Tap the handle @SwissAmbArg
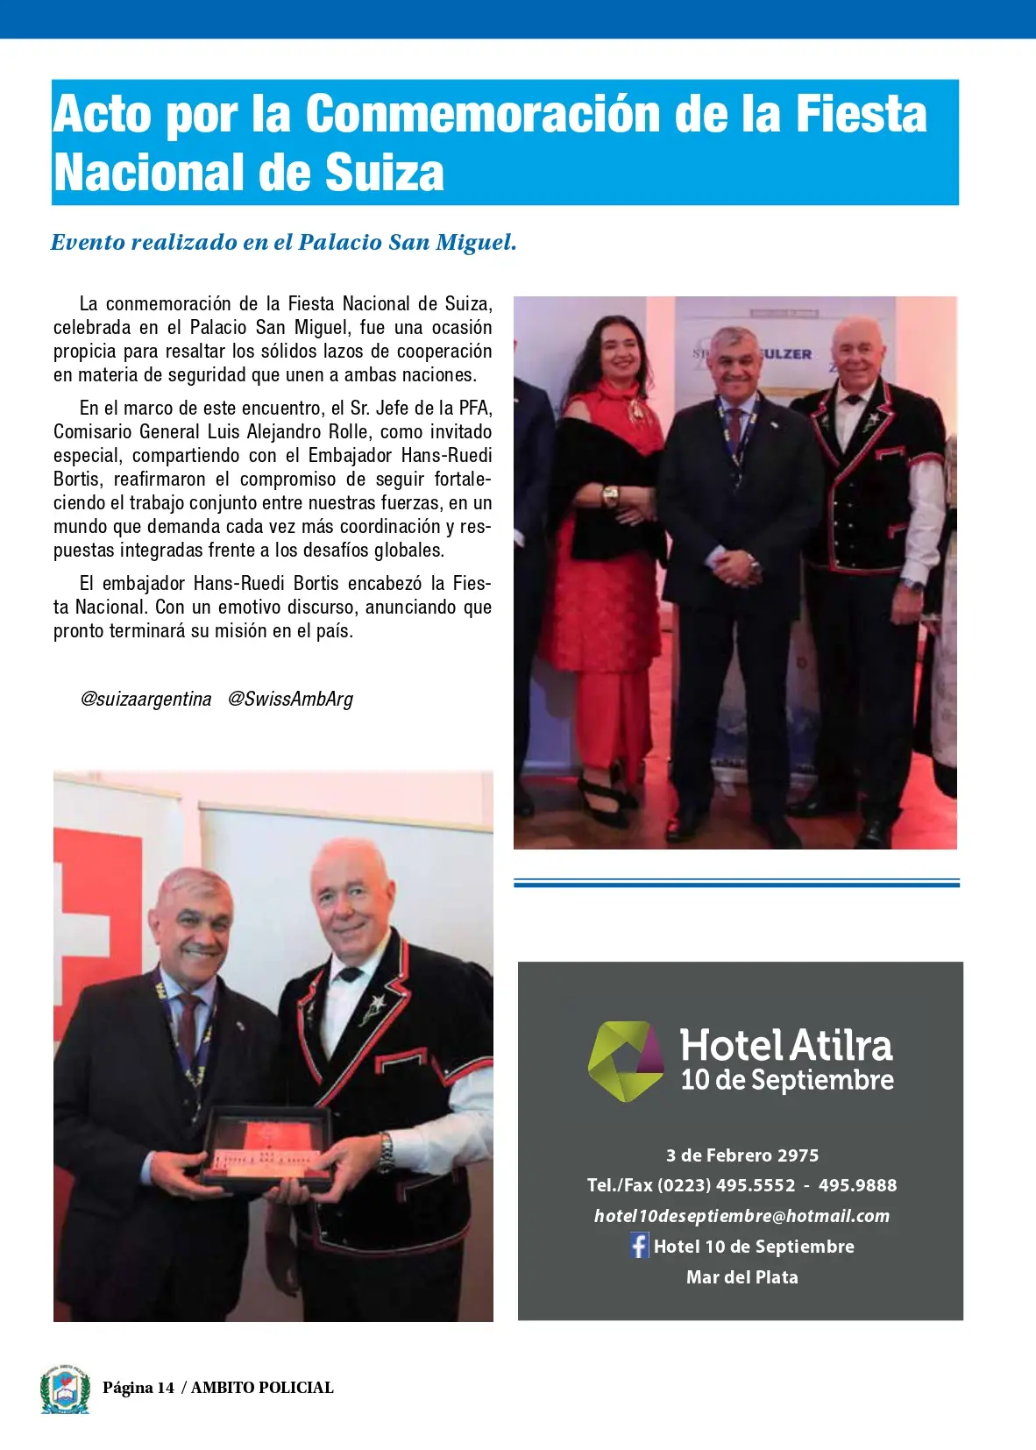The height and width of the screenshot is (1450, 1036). click(x=290, y=699)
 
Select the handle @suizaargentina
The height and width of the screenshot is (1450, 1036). click(x=145, y=699)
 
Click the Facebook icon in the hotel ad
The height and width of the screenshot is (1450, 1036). click(x=639, y=1246)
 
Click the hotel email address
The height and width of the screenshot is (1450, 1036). click(x=742, y=1216)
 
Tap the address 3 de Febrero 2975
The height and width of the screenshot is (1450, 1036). click(x=742, y=1155)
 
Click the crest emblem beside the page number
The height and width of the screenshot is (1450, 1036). click(x=65, y=1389)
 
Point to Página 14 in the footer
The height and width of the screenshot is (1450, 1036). click(x=138, y=1388)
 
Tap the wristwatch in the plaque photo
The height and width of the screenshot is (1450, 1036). click(x=385, y=1151)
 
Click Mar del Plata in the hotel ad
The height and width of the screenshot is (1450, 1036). click(x=742, y=1277)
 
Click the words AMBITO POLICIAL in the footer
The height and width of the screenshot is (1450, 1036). click(x=262, y=1388)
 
